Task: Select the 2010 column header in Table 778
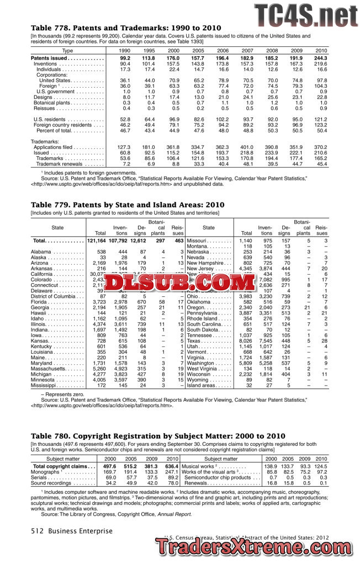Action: click(x=321, y=50)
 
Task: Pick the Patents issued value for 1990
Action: click(x=125, y=58)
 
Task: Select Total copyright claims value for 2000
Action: click(x=110, y=467)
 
